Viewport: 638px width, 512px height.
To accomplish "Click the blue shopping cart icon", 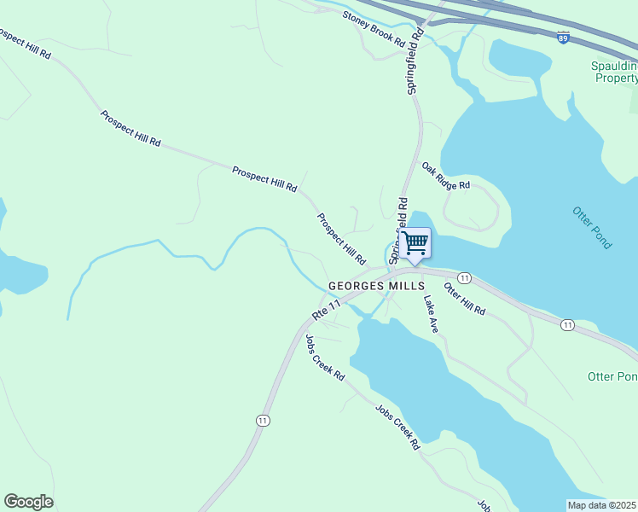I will pyautogui.click(x=415, y=243).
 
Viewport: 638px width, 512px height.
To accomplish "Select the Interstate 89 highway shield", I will pyautogui.click(x=562, y=38).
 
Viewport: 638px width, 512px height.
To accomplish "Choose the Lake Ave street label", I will pyautogui.click(x=431, y=314).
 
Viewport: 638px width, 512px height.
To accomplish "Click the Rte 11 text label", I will pyautogui.click(x=326, y=309).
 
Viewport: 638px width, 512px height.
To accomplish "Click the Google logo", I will pyautogui.click(x=28, y=502).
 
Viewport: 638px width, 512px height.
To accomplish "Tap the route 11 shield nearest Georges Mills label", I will pyautogui.click(x=464, y=278).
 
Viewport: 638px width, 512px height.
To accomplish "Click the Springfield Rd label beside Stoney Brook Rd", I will pyautogui.click(x=415, y=64).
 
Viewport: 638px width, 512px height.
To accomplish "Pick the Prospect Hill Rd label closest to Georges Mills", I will pyautogui.click(x=341, y=238).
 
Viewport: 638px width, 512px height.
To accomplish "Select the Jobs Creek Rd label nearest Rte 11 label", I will pyautogui.click(x=325, y=357).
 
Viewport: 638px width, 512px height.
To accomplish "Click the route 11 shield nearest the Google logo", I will pyautogui.click(x=262, y=421).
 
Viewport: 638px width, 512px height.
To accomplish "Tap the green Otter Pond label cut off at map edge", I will pyautogui.click(x=612, y=376).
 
